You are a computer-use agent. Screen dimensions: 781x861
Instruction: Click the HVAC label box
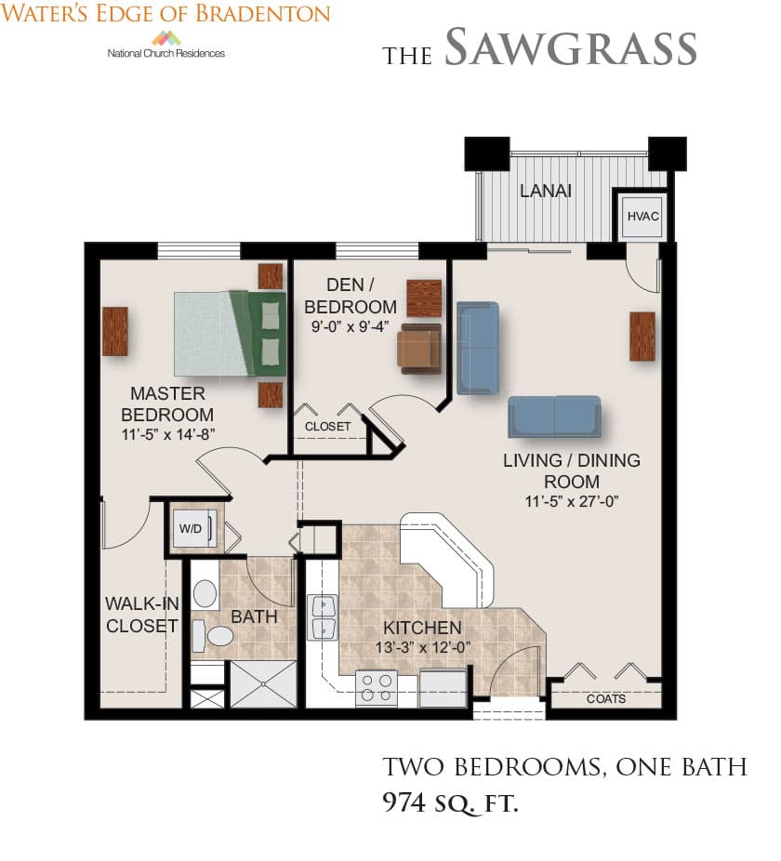click(x=642, y=216)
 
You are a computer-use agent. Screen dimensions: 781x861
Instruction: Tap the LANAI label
click(x=546, y=191)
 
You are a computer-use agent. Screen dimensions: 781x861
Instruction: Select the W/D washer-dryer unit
click(x=192, y=529)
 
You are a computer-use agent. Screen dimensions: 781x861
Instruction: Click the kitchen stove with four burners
click(x=377, y=687)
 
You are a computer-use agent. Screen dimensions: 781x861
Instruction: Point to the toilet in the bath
click(x=214, y=636)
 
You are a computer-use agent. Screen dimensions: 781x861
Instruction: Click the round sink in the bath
click(x=205, y=593)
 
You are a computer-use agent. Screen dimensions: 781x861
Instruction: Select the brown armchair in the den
click(x=419, y=349)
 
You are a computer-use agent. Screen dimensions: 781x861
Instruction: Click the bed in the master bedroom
click(x=230, y=333)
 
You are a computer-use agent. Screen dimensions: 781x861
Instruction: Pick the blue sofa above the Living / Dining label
click(x=554, y=417)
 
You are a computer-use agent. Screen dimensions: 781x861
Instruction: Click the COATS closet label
click(x=606, y=698)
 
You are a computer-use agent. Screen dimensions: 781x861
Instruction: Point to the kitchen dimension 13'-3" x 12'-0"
click(x=423, y=647)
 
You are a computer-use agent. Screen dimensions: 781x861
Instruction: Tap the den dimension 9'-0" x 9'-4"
click(x=351, y=326)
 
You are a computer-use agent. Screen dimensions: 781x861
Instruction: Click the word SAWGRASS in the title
click(x=570, y=47)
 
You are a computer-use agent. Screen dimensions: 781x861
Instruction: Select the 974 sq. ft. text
click(x=450, y=802)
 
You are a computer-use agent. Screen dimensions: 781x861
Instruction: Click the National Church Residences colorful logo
click(x=166, y=39)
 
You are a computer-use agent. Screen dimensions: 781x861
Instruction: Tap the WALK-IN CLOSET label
click(x=142, y=615)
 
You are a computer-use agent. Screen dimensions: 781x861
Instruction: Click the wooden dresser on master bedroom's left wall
click(x=115, y=331)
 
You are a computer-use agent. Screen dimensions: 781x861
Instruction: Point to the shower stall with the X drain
click(x=263, y=684)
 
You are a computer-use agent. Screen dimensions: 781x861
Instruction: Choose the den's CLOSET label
click(x=327, y=427)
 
